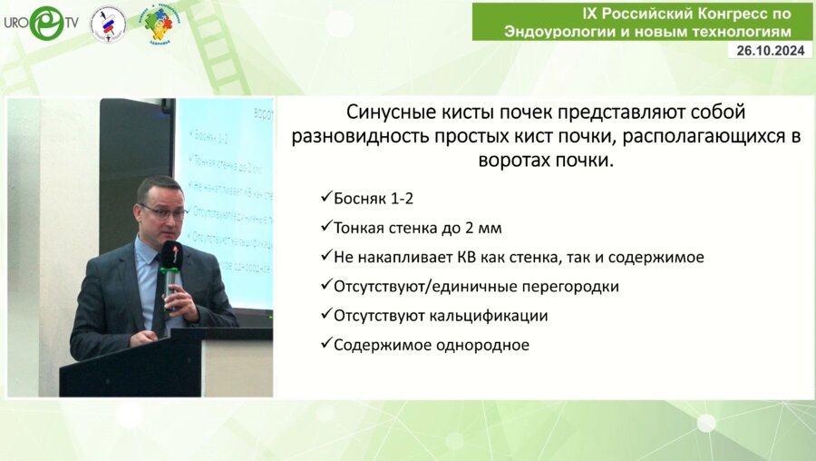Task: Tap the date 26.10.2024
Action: [x=770, y=51]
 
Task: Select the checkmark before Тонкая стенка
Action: [x=326, y=228]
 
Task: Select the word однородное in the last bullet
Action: [x=479, y=344]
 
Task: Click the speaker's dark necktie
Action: [x=160, y=290]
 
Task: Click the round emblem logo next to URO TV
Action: [x=108, y=25]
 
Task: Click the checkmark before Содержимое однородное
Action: [x=326, y=344]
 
